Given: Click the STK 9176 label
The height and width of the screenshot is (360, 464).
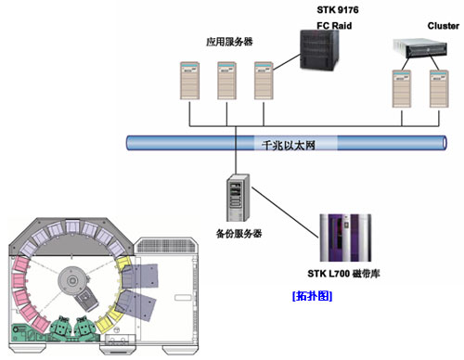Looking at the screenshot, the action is coord(338,10).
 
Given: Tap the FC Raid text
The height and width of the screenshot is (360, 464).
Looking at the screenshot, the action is coord(334,25).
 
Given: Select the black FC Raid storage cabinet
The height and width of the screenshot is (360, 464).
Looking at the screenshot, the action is coord(320,50).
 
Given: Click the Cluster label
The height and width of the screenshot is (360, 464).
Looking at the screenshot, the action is coord(444,26).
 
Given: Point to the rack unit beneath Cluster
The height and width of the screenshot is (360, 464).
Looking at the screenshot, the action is coord(419,48).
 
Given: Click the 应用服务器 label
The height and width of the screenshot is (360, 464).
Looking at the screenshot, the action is coord(229,42).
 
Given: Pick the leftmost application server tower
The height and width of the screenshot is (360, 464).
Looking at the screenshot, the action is coord(189,81).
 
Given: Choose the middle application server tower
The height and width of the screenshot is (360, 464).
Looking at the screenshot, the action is coord(226,81).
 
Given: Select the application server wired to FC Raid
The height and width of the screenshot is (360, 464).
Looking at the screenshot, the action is coord(264,81).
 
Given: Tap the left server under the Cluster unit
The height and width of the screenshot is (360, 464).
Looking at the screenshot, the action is coord(402,89).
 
